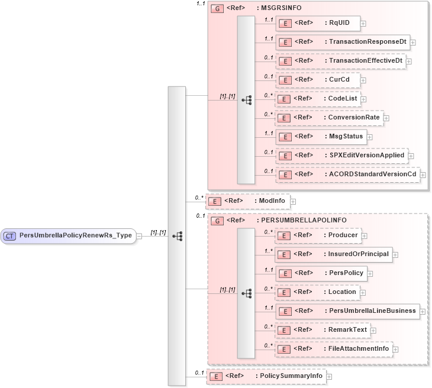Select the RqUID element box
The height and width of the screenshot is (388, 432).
click(318, 23)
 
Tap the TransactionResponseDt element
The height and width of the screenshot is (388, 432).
click(343, 42)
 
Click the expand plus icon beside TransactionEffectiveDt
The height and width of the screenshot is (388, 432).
click(409, 61)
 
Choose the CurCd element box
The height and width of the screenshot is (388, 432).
click(318, 80)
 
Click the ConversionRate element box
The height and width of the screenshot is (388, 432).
click(329, 118)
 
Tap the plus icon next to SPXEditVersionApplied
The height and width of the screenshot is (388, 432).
click(411, 156)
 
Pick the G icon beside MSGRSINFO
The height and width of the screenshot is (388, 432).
click(217, 8)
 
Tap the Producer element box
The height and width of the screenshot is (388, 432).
click(319, 235)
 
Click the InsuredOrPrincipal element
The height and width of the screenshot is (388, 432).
click(334, 254)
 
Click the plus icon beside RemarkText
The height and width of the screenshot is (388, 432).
click(373, 330)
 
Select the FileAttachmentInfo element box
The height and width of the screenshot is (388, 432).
click(334, 349)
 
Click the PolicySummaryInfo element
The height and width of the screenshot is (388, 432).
click(266, 376)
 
